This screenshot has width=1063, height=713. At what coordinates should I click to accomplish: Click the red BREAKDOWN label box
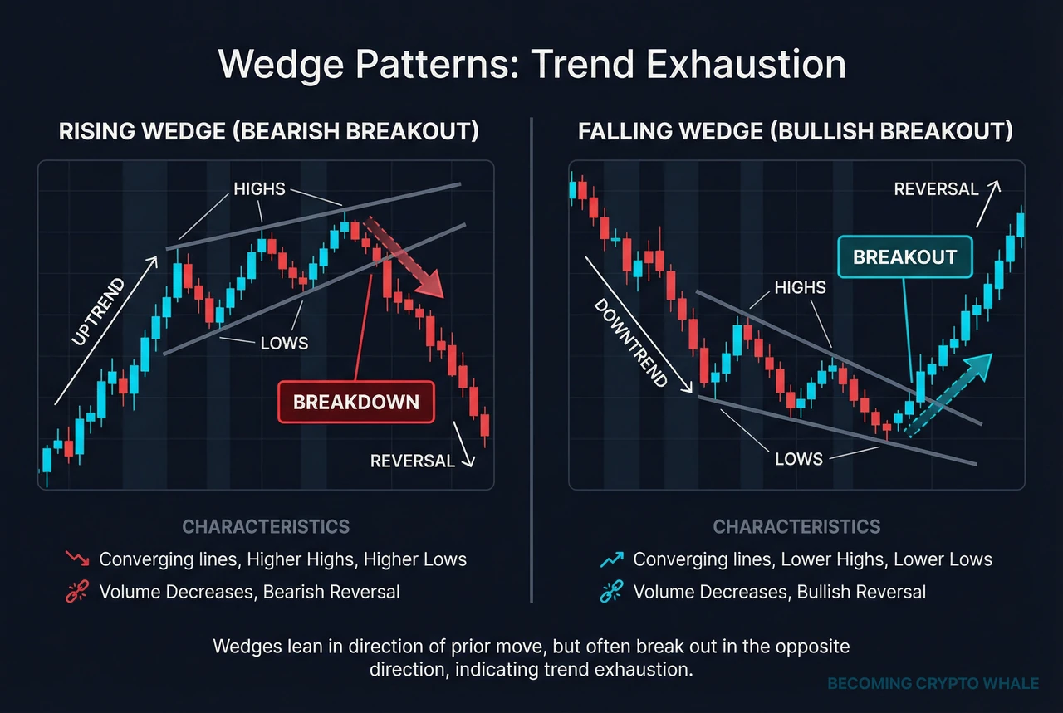[356, 403]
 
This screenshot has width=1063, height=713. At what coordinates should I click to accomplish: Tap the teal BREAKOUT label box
[904, 256]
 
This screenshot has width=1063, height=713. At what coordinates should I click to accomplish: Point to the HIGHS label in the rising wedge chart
[259, 189]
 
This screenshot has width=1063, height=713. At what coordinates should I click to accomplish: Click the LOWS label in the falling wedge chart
[798, 459]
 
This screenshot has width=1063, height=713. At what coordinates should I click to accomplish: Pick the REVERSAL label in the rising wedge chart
[412, 461]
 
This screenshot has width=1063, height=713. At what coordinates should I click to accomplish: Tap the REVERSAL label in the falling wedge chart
[936, 189]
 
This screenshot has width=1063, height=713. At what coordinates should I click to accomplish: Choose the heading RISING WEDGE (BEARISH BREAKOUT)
[268, 132]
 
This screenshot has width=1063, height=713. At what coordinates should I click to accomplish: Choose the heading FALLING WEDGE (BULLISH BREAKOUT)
[796, 132]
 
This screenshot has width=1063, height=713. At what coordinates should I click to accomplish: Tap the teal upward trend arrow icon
[610, 559]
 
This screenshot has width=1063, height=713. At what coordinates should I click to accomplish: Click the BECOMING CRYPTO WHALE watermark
[933, 683]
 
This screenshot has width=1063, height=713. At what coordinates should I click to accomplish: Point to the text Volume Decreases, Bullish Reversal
[779, 592]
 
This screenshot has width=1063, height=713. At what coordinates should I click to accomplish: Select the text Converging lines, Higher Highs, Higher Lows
[282, 559]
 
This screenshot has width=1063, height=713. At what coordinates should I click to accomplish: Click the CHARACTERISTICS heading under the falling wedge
[796, 527]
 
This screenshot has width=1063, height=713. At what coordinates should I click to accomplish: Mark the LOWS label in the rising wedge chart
[284, 343]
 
